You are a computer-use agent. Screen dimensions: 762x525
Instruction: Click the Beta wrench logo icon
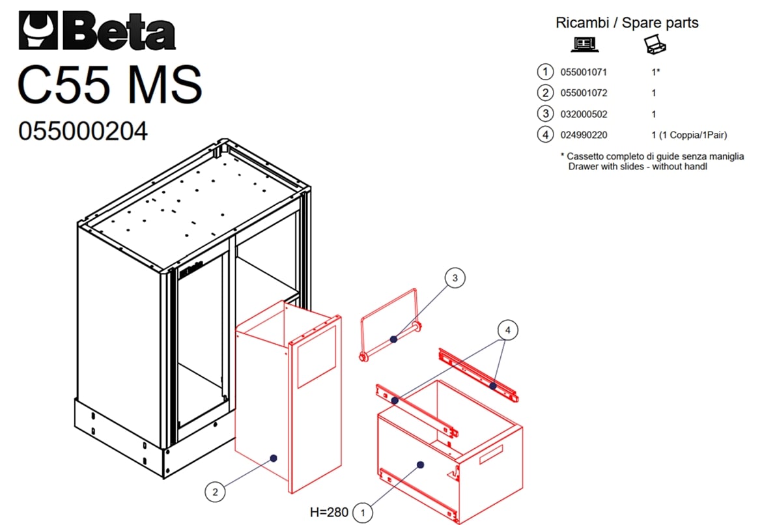point(38,30)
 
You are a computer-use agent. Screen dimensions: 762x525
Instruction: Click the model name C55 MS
point(110,84)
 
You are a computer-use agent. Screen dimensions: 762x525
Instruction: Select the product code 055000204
point(83,132)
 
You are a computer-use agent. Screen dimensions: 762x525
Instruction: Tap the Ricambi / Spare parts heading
point(627,23)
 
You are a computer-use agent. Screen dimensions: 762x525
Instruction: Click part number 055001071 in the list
point(584,72)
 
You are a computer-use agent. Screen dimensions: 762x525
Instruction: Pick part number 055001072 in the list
point(584,93)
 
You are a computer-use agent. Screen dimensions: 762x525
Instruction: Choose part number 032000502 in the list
point(584,114)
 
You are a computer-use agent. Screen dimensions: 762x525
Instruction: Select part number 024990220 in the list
point(584,135)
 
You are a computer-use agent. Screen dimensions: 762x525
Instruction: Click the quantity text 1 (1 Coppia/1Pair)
point(689,135)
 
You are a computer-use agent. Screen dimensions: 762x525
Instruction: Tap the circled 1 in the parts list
point(545,72)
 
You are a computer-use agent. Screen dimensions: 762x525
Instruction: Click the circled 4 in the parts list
point(545,135)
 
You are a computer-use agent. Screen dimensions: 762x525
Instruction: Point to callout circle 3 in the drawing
point(455,278)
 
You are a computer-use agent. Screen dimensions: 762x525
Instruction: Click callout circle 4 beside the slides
point(508,330)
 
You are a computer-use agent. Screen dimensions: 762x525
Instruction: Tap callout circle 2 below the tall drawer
point(216,492)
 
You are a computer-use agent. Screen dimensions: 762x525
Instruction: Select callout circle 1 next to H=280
point(362,513)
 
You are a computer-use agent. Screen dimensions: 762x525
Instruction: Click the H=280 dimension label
point(329,513)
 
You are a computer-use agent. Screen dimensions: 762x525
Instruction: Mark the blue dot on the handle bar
point(393,339)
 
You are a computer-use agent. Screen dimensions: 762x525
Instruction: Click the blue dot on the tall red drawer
point(274,458)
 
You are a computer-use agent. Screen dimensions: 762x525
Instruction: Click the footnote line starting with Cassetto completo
point(652,156)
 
